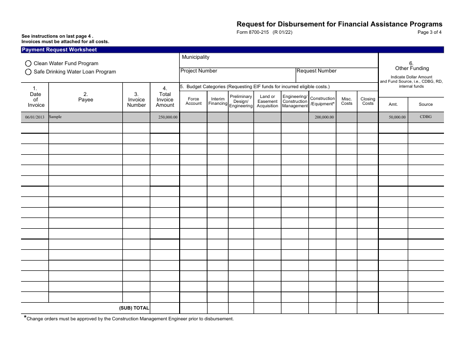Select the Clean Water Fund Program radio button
[28, 64]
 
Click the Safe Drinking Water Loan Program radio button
[28, 72]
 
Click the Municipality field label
[195, 57]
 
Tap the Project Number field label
[199, 71]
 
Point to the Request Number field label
[317, 71]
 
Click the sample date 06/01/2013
[35, 118]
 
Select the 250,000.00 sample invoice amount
[168, 118]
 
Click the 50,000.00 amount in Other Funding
[397, 118]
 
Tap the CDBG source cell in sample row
[425, 117]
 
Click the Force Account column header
[193, 101]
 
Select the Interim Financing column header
[218, 101]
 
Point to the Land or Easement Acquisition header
[267, 101]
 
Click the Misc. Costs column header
[347, 101]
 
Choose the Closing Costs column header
[368, 101]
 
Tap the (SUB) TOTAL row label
[134, 309]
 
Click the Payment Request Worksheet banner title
[59, 50]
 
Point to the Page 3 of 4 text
[429, 33]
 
